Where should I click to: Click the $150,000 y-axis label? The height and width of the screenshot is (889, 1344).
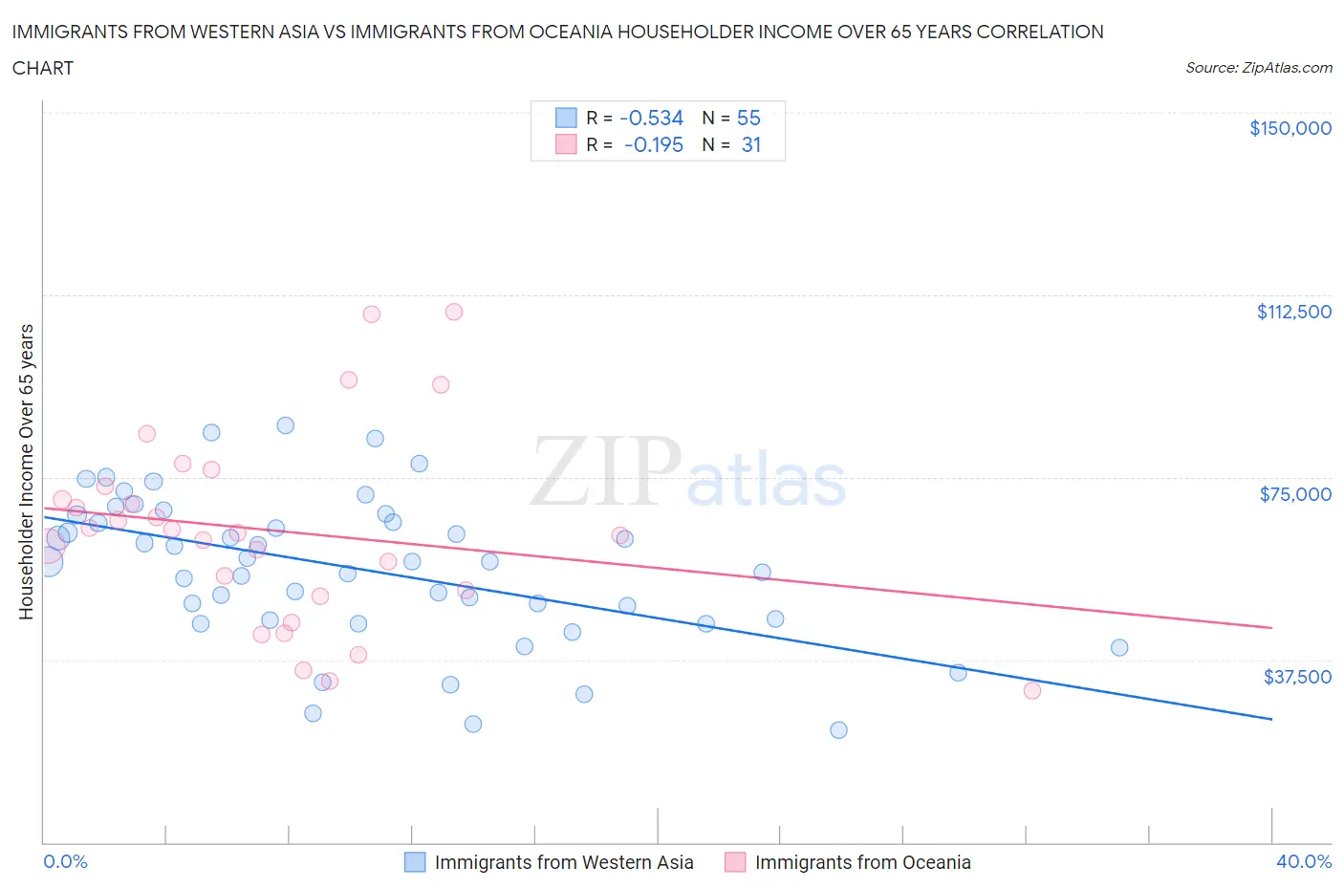[1290, 128]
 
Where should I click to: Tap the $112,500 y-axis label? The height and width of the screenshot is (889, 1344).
[1293, 312]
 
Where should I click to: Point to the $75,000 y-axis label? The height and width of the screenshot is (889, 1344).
[1295, 494]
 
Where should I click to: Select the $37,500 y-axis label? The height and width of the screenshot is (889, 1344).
[1296, 677]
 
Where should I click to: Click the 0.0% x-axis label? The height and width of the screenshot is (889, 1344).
[65, 861]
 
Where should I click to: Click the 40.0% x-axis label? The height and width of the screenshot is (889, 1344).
[1304, 861]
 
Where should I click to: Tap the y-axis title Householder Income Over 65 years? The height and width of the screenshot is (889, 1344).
[27, 471]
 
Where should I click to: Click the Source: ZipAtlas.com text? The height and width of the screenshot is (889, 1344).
[1258, 68]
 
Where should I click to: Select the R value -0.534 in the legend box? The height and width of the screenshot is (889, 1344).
[651, 118]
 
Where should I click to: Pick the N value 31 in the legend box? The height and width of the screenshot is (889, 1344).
[750, 144]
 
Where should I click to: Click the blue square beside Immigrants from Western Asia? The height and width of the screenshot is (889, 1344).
[414, 862]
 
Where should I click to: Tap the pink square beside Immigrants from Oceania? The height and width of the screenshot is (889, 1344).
[734, 862]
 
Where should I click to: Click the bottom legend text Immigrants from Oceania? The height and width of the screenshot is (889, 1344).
[862, 862]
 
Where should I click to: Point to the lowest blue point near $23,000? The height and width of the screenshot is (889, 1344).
[838, 730]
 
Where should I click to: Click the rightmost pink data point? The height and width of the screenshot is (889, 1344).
[1031, 690]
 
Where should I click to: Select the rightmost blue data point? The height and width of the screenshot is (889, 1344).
[1119, 648]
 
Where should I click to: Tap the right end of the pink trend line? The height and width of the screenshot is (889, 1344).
[1271, 627]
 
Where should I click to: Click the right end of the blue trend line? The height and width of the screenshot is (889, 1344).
[1271, 719]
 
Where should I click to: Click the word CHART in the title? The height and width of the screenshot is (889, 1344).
[43, 68]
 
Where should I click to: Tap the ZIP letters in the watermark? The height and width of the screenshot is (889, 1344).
[605, 471]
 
